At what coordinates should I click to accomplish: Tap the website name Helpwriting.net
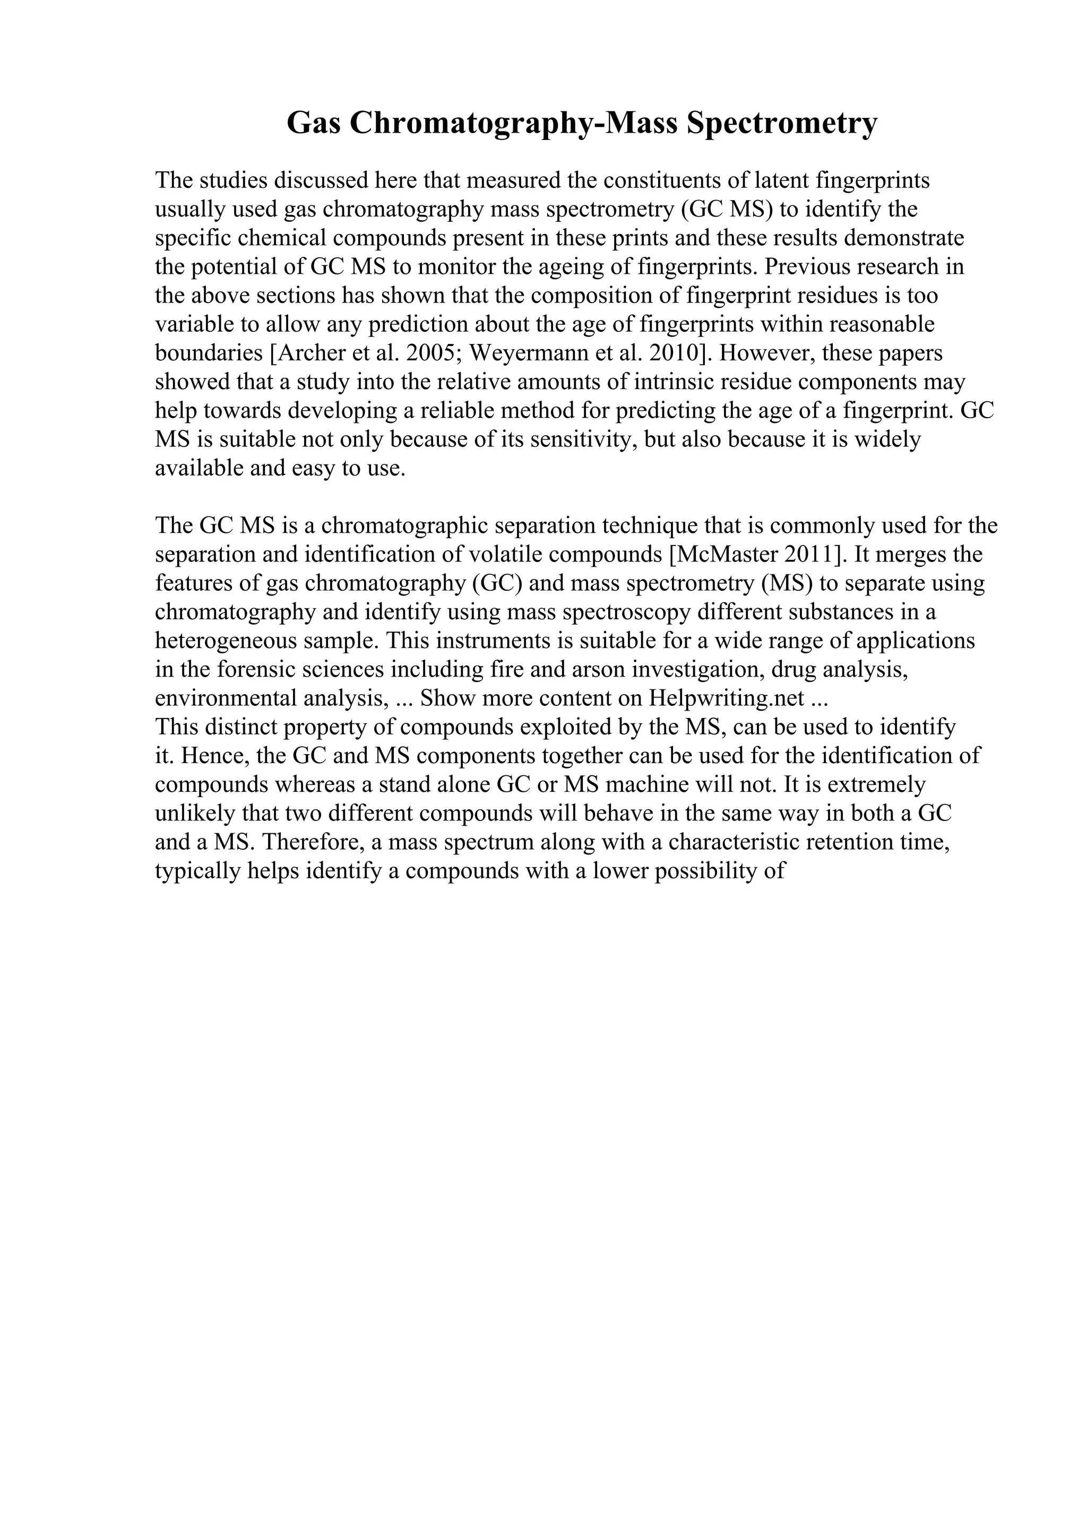click(726, 698)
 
